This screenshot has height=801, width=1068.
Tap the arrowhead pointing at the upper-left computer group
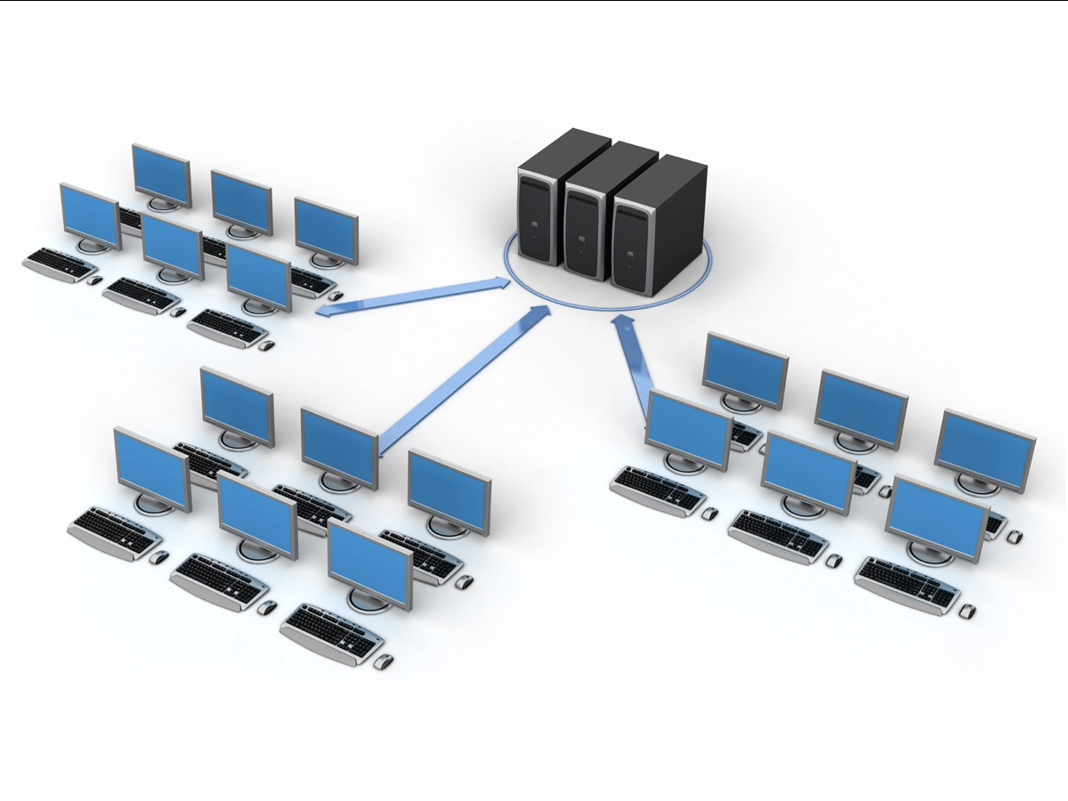pos(325,312)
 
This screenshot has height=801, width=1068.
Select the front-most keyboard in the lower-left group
pos(332,634)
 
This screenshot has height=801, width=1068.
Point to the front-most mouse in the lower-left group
pos(383,663)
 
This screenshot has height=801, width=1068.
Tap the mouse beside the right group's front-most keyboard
pos(967,611)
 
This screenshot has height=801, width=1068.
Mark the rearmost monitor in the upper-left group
pos(161,174)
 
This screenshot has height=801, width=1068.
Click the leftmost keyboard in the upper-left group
pos(61,264)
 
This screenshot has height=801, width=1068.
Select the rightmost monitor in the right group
pos(984,449)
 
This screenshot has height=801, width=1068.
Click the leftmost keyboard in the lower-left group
pos(114,533)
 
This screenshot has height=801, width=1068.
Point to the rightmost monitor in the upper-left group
pos(326,230)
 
